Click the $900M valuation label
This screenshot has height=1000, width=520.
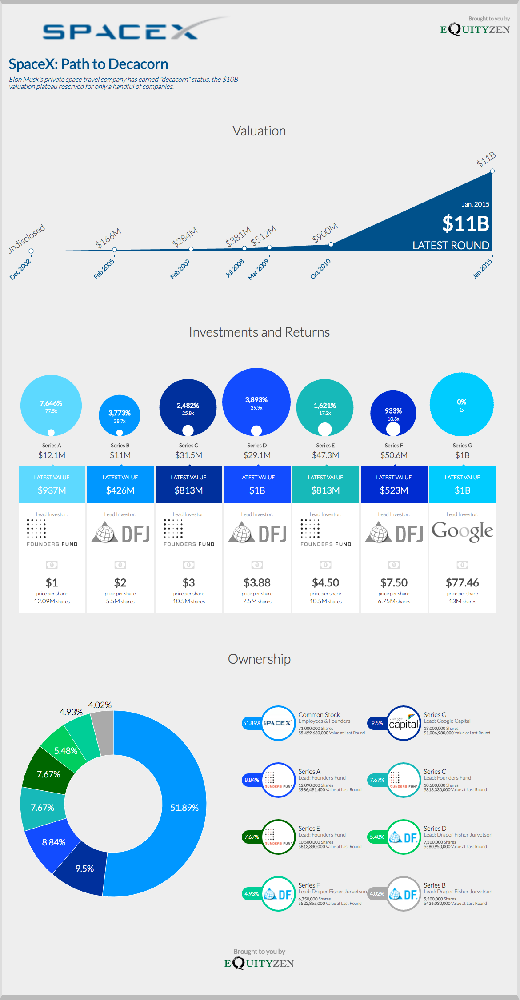click(325, 233)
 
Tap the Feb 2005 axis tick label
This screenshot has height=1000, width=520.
click(104, 269)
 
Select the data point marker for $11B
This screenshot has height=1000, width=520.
click(492, 171)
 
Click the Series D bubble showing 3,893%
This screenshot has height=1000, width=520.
click(256, 402)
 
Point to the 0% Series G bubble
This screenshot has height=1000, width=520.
click(462, 404)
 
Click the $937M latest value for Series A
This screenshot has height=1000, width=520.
click(52, 490)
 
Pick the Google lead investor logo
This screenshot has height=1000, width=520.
click(462, 531)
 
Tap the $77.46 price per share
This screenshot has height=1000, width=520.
click(462, 582)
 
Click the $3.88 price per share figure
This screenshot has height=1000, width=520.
click(257, 582)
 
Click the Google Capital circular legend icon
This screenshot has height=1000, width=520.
click(404, 723)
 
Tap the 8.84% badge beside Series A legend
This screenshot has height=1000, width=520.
click(252, 780)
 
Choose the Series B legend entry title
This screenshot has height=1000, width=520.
click(435, 885)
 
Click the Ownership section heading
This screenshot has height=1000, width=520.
click(259, 659)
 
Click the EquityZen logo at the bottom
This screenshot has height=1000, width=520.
click(259, 963)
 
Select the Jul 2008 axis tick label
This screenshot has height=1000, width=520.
click(235, 268)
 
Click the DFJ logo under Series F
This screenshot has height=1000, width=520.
click(394, 534)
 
